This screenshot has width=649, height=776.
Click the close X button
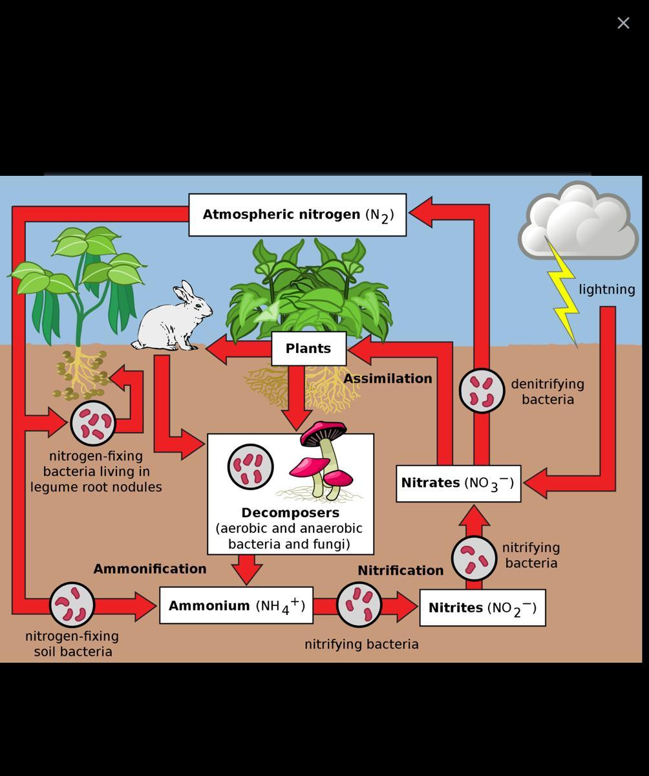click(x=623, y=23)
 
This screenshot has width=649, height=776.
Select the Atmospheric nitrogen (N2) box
click(x=297, y=215)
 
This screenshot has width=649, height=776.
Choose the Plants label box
click(x=308, y=349)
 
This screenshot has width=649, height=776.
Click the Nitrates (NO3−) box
click(x=458, y=483)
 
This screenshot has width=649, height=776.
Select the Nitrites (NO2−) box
click(x=482, y=608)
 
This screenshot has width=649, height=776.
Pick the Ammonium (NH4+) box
click(x=236, y=606)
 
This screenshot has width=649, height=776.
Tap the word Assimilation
click(x=388, y=379)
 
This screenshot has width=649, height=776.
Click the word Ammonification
click(x=150, y=569)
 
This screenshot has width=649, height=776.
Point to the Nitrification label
click(x=401, y=570)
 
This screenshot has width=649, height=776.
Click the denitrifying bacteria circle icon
click(x=482, y=391)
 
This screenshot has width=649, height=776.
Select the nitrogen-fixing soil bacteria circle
click(x=72, y=605)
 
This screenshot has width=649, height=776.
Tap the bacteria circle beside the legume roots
click(x=93, y=423)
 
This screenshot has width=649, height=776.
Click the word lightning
click(x=606, y=290)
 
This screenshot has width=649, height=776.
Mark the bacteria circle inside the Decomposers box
click(x=251, y=467)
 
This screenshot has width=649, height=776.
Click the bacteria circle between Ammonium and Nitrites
click(x=359, y=605)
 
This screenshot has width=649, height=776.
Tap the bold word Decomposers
click(x=290, y=513)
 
